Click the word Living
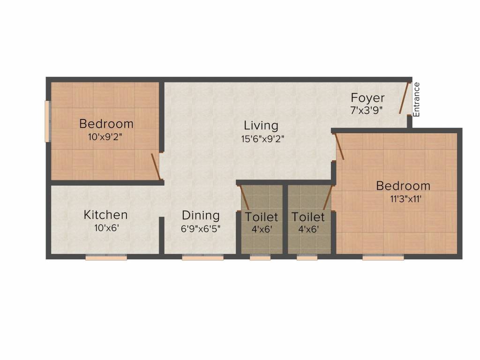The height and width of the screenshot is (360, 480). point(261,126)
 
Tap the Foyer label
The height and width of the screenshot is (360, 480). point(368,98)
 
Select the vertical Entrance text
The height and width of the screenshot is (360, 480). point(417,99)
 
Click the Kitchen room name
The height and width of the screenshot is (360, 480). point(105,215)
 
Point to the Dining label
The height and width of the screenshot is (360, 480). point(201,216)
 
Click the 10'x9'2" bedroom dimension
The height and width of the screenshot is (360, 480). point(106,137)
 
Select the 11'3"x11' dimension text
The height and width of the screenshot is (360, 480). point(403,199)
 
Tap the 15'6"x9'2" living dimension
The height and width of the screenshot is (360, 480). point(261,139)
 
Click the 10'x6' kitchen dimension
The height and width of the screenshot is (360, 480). point(105,228)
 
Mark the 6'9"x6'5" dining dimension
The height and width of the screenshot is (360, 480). point(201,229)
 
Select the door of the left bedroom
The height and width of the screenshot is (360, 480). point(156,166)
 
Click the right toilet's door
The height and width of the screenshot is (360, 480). point(328,197)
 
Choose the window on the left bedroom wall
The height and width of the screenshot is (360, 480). point(47,121)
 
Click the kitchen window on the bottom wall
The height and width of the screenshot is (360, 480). point(106,257)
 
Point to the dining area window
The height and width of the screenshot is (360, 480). point(202,257)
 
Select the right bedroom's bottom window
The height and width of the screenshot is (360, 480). point(383,257)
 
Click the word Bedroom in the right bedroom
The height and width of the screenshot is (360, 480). point(403,186)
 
